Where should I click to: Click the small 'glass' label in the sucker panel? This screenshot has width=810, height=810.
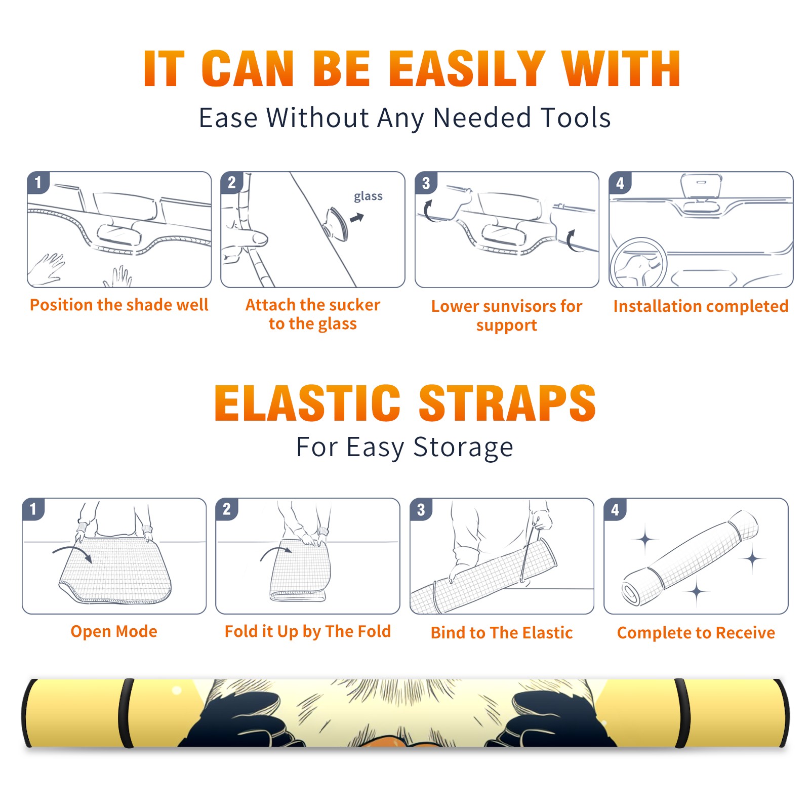coord(368,196)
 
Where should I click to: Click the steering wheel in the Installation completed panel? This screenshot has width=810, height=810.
coord(638,262)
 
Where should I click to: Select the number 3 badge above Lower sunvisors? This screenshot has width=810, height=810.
coord(426,183)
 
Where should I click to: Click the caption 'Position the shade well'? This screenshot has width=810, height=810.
coord(119,305)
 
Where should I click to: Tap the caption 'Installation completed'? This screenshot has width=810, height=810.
coord(701,306)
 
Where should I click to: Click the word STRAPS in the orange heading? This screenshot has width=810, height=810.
coord(507,403)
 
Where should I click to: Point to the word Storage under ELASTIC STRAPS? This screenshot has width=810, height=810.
coord(463,448)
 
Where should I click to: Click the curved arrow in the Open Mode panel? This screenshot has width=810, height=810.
coord(73,552)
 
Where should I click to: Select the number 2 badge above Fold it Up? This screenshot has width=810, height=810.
coord(227,509)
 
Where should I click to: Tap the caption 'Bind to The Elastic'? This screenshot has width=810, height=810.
coord(501,633)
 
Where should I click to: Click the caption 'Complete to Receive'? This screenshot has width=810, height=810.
coord(696,633)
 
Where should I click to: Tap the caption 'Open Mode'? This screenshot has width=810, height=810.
coord(114,631)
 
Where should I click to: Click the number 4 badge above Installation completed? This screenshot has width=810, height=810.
coord(620,183)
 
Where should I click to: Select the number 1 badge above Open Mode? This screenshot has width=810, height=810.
coord(33,509)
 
